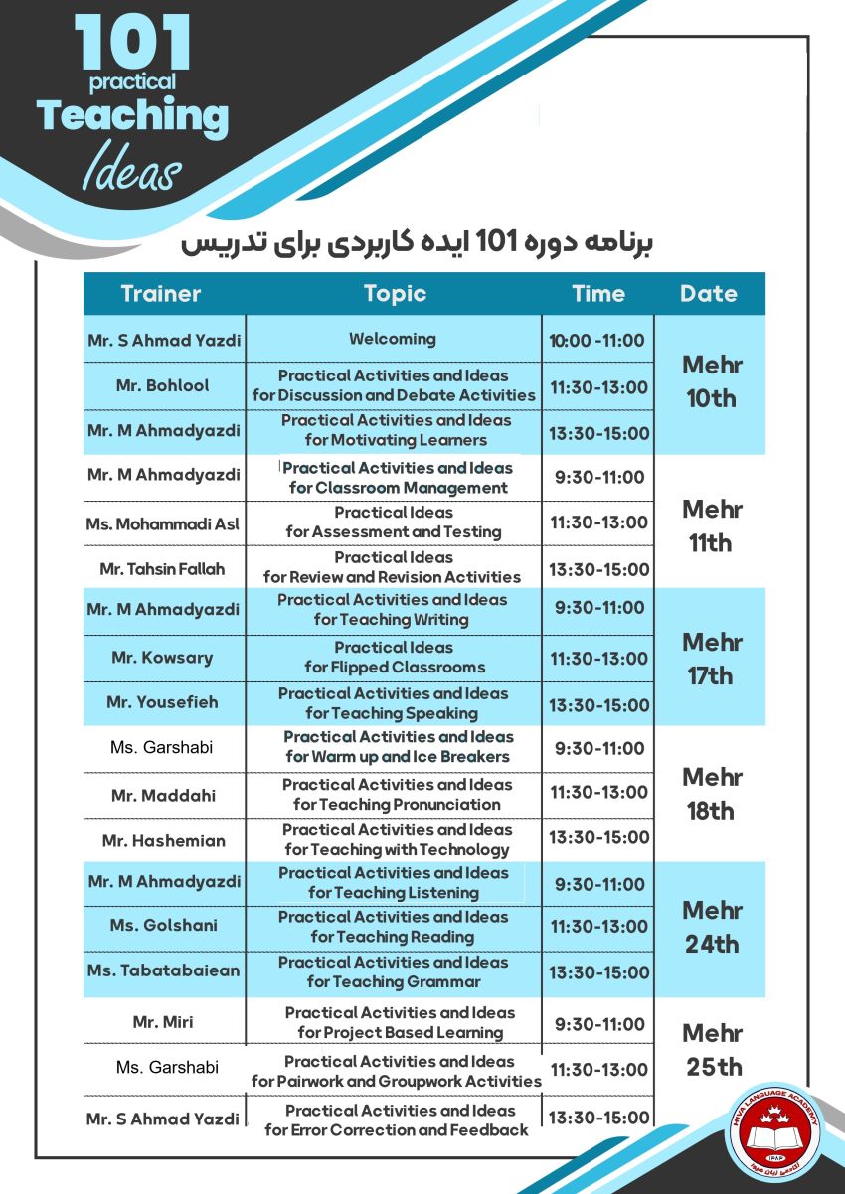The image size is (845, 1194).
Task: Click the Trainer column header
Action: coord(161,294)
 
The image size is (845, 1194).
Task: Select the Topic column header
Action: coord(395,294)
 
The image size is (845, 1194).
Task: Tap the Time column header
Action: coord(598,294)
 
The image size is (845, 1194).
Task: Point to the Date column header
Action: coord(709,294)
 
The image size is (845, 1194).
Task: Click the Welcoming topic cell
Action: coord(393,339)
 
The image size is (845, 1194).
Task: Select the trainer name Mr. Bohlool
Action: coord(163,385)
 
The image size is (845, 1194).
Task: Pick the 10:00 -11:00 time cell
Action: coord(597,341)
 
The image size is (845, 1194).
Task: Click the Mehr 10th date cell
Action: coord(710,381)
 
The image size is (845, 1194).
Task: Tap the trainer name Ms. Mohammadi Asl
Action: coord(163,522)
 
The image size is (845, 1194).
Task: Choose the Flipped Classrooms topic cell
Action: coord(395,657)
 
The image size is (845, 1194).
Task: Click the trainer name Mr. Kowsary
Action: coord(163,658)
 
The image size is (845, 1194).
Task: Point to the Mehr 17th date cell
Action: coord(710,659)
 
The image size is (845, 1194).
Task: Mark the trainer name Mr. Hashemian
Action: coord(163,840)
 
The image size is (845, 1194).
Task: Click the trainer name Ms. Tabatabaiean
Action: coord(163,970)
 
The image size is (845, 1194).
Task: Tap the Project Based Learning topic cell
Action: coord(400,1022)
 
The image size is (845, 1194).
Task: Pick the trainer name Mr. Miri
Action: coord(163,1022)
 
